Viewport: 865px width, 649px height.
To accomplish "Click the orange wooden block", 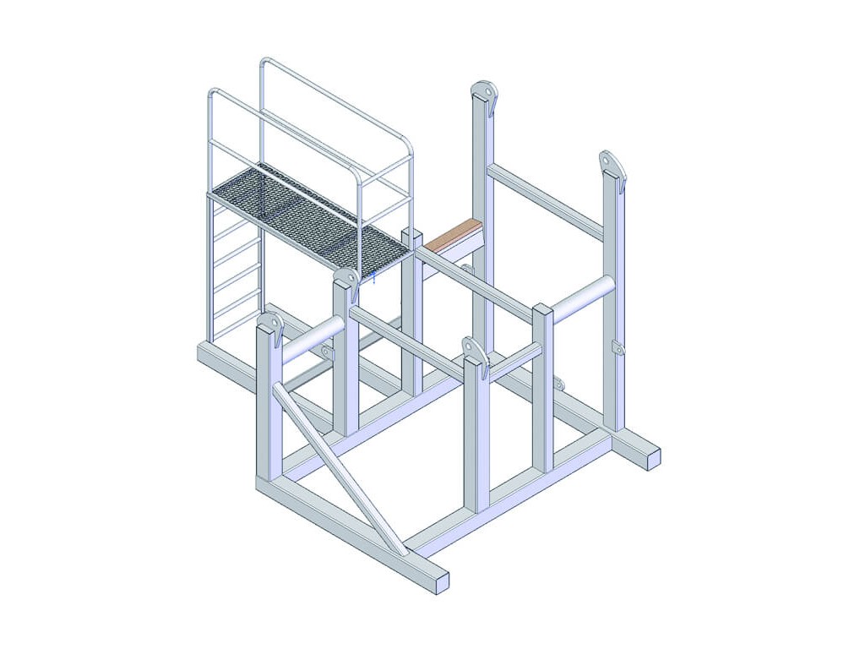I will [453, 233].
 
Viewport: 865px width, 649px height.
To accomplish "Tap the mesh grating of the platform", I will [309, 215].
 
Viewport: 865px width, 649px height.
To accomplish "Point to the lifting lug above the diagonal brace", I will [270, 324].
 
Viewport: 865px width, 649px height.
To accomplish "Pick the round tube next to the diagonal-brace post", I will [312, 338].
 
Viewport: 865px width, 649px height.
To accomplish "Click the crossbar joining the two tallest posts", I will [545, 201].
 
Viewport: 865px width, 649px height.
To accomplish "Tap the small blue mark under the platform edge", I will [373, 276].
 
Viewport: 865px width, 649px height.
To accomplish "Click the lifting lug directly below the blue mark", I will [346, 280].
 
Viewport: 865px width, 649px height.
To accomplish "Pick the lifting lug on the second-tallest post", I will [612, 164].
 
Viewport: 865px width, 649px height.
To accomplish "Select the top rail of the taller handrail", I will [338, 101].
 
